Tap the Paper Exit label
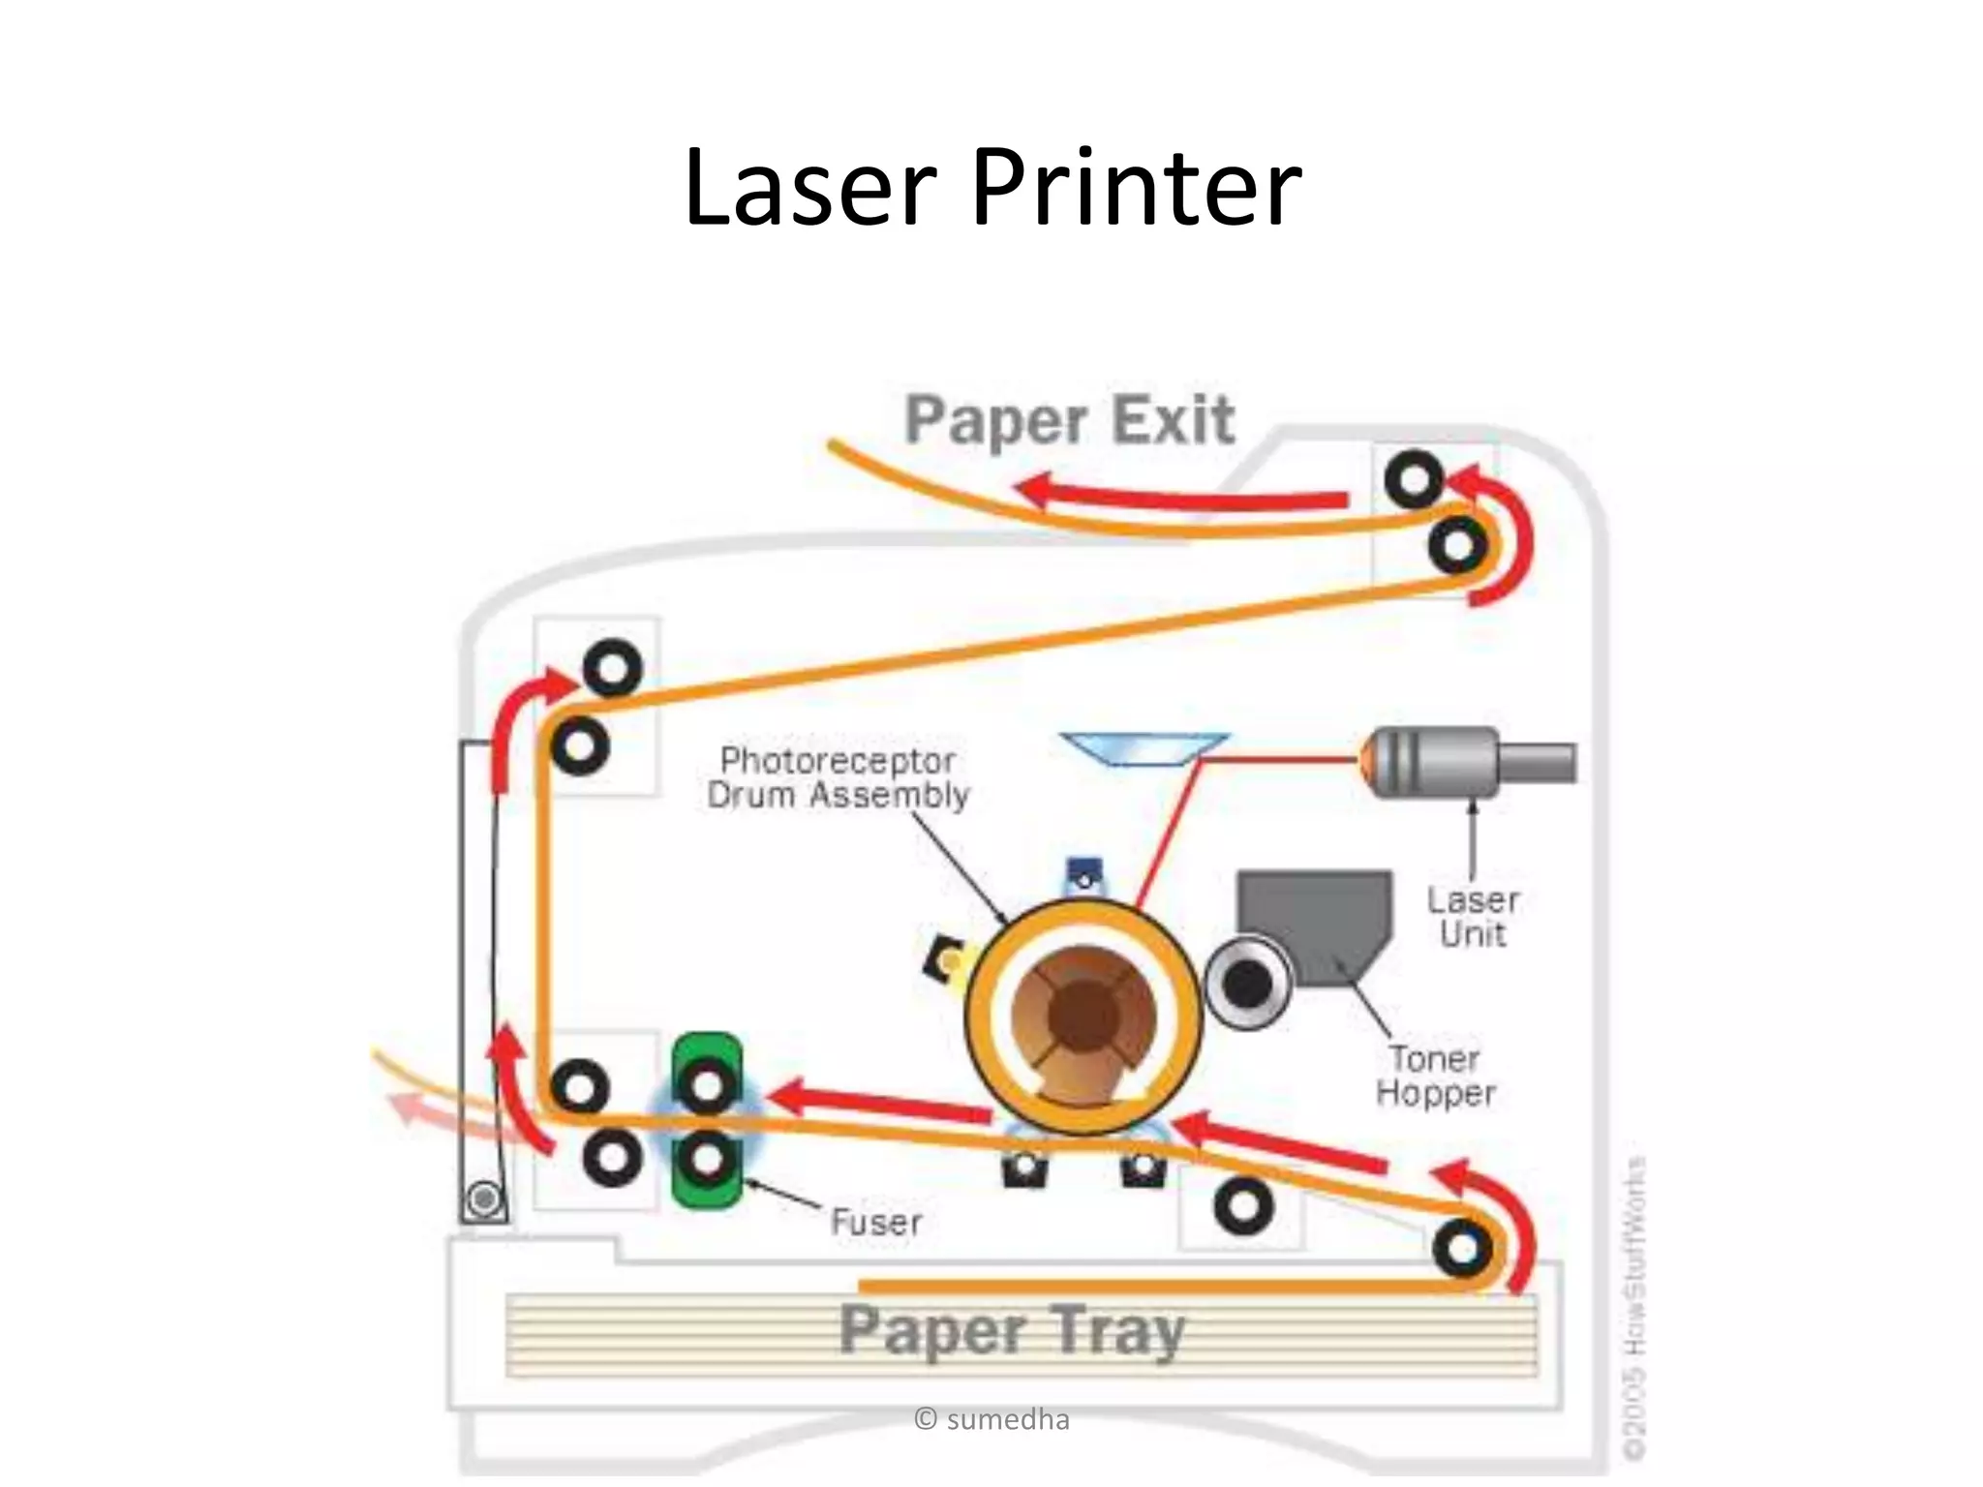pyautogui.click(x=1069, y=420)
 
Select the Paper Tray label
pyautogui.click(x=1012, y=1330)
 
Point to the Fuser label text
pyautogui.click(x=876, y=1222)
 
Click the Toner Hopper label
pyautogui.click(x=1436, y=1076)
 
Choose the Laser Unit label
pyautogui.click(x=1473, y=917)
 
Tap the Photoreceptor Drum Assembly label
pyautogui.click(x=838, y=778)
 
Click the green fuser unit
pyautogui.click(x=708, y=1121)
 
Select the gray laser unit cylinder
pyautogui.click(x=1452, y=763)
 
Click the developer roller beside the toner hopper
pyautogui.click(x=1247, y=985)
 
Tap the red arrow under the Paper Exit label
pyautogui.click(x=1181, y=495)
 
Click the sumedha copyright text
pyautogui.click(x=991, y=1420)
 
